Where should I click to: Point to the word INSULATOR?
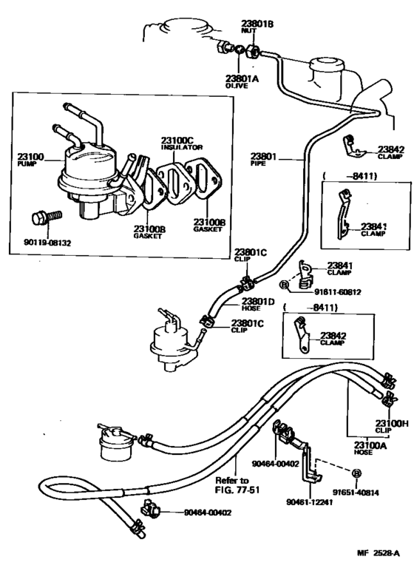[x=179, y=146]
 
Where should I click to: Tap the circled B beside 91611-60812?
[x=284, y=284]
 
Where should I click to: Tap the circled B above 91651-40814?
[x=356, y=472]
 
